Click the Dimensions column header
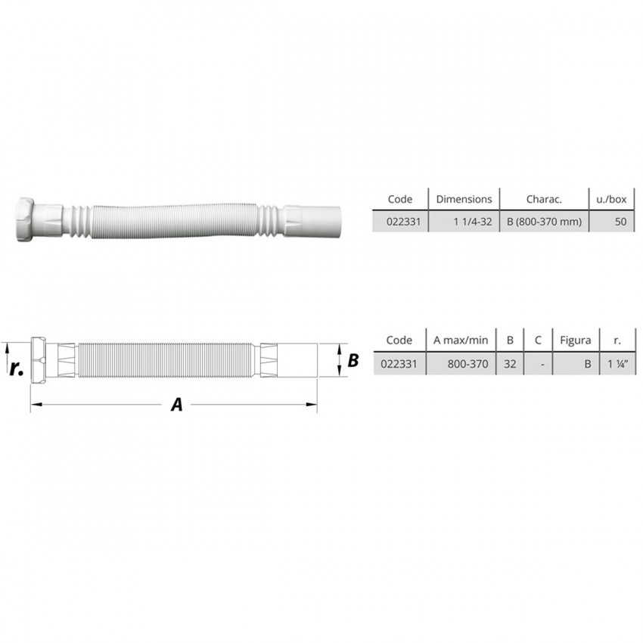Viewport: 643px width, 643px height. click(x=464, y=199)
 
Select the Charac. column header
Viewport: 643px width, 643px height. click(x=544, y=199)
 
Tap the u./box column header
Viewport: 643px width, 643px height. click(x=611, y=199)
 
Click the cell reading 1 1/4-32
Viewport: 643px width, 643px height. click(x=472, y=222)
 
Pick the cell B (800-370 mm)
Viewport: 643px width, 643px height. click(x=544, y=222)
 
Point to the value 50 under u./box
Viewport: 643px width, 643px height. click(x=620, y=222)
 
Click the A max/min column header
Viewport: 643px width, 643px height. click(x=461, y=340)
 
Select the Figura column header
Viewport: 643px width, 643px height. click(x=576, y=340)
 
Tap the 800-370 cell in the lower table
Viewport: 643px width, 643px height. click(x=467, y=364)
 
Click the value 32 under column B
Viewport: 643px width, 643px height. click(x=510, y=364)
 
